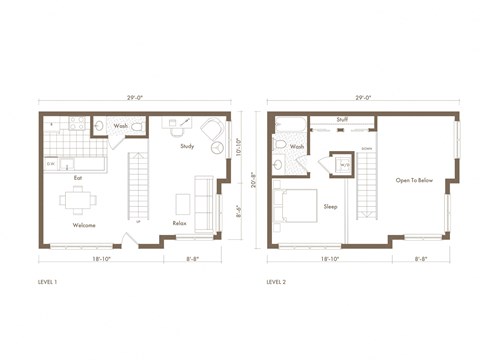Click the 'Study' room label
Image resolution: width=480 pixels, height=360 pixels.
(x=187, y=147)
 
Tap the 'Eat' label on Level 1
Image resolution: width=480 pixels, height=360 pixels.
(x=78, y=178)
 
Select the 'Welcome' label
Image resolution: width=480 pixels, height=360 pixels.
(x=83, y=225)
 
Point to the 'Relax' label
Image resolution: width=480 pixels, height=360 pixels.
(x=181, y=222)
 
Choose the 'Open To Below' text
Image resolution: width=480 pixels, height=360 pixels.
(x=414, y=180)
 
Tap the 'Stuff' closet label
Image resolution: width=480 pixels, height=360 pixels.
(x=342, y=119)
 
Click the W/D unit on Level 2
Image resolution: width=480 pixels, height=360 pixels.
(x=343, y=165)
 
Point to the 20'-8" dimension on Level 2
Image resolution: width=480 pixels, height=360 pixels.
(x=258, y=182)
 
